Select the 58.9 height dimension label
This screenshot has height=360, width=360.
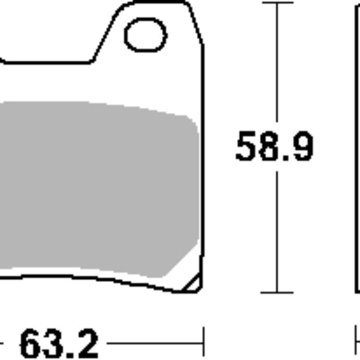coord(274,147)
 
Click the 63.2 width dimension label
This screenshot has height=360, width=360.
coord(59,343)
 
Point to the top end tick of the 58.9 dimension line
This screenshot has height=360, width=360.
coord(277,3)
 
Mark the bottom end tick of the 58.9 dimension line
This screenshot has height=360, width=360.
coord(277,293)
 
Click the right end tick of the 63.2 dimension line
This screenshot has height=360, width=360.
coord(204,343)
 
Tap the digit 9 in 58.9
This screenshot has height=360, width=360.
coord(302,147)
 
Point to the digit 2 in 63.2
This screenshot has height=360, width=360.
coord(86,344)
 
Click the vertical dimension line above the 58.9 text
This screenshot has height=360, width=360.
coord(277,66)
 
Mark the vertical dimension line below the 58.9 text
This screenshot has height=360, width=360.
coord(277,228)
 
